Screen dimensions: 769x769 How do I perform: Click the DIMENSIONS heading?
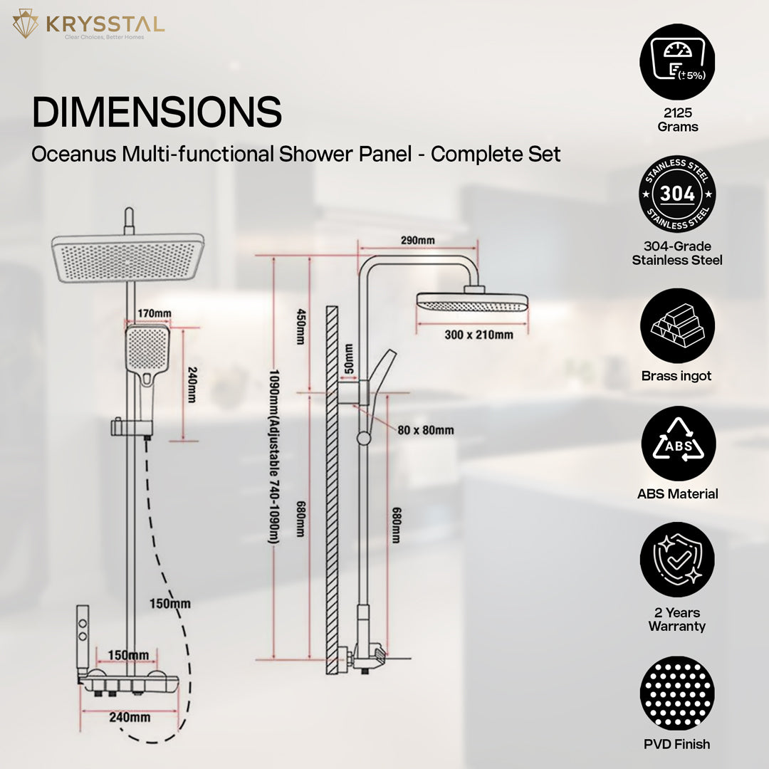(x=157, y=113)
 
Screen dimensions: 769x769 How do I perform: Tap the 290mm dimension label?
(x=417, y=240)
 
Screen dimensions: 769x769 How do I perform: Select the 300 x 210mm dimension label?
(x=478, y=335)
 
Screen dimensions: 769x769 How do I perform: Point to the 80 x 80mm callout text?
(x=425, y=430)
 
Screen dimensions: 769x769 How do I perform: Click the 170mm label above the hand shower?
(x=154, y=313)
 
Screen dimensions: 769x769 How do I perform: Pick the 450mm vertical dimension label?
(x=301, y=327)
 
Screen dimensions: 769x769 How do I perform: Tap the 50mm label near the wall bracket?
(x=349, y=358)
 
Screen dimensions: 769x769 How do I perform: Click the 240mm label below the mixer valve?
(x=130, y=717)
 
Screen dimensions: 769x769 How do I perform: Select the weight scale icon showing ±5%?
(x=677, y=62)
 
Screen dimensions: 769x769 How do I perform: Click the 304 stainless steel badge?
(x=677, y=194)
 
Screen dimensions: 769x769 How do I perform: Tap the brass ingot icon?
(x=677, y=325)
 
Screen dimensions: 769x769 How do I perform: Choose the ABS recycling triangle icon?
(x=679, y=444)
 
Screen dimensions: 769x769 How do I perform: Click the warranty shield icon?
(x=677, y=560)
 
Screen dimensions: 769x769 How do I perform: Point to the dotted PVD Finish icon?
(x=677, y=694)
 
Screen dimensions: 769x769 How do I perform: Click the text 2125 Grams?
(x=678, y=120)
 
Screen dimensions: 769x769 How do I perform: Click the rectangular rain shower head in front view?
(x=127, y=258)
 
